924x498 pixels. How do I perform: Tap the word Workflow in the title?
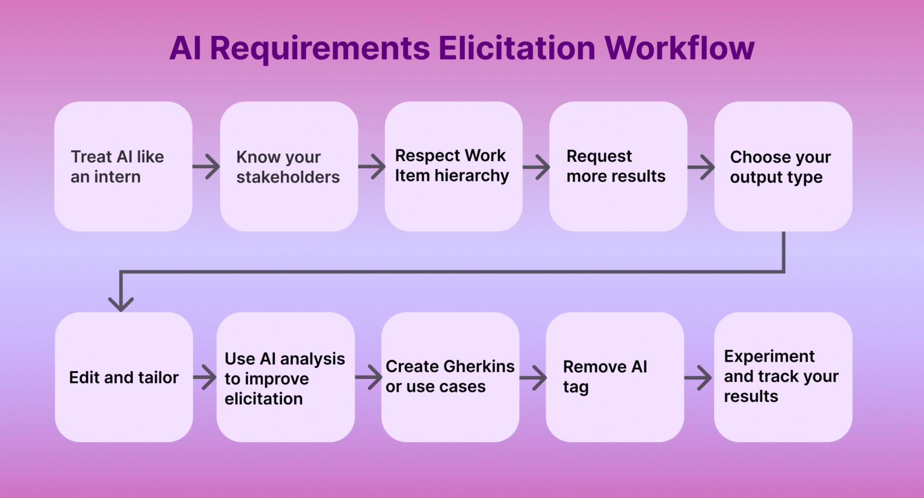679,48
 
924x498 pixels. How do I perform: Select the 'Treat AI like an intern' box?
123,166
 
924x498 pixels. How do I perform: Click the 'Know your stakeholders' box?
289,166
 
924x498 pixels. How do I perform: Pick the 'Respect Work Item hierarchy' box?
454,166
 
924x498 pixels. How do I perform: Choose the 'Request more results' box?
618,166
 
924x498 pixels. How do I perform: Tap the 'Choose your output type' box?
783,166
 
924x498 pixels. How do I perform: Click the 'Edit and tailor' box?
123,377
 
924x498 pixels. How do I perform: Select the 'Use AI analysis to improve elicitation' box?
285,377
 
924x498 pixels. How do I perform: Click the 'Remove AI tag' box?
614,377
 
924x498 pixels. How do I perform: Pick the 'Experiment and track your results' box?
783,377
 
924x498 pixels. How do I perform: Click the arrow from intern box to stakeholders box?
206,166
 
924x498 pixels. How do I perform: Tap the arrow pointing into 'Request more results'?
536,167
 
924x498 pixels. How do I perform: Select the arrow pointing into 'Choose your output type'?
701,167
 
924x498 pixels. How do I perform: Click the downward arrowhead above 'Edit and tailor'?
121,302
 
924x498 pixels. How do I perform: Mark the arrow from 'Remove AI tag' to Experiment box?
698,378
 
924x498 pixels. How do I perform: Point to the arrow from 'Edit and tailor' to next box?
205,378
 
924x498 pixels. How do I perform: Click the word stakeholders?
288,177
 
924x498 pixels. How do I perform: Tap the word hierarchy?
472,176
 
